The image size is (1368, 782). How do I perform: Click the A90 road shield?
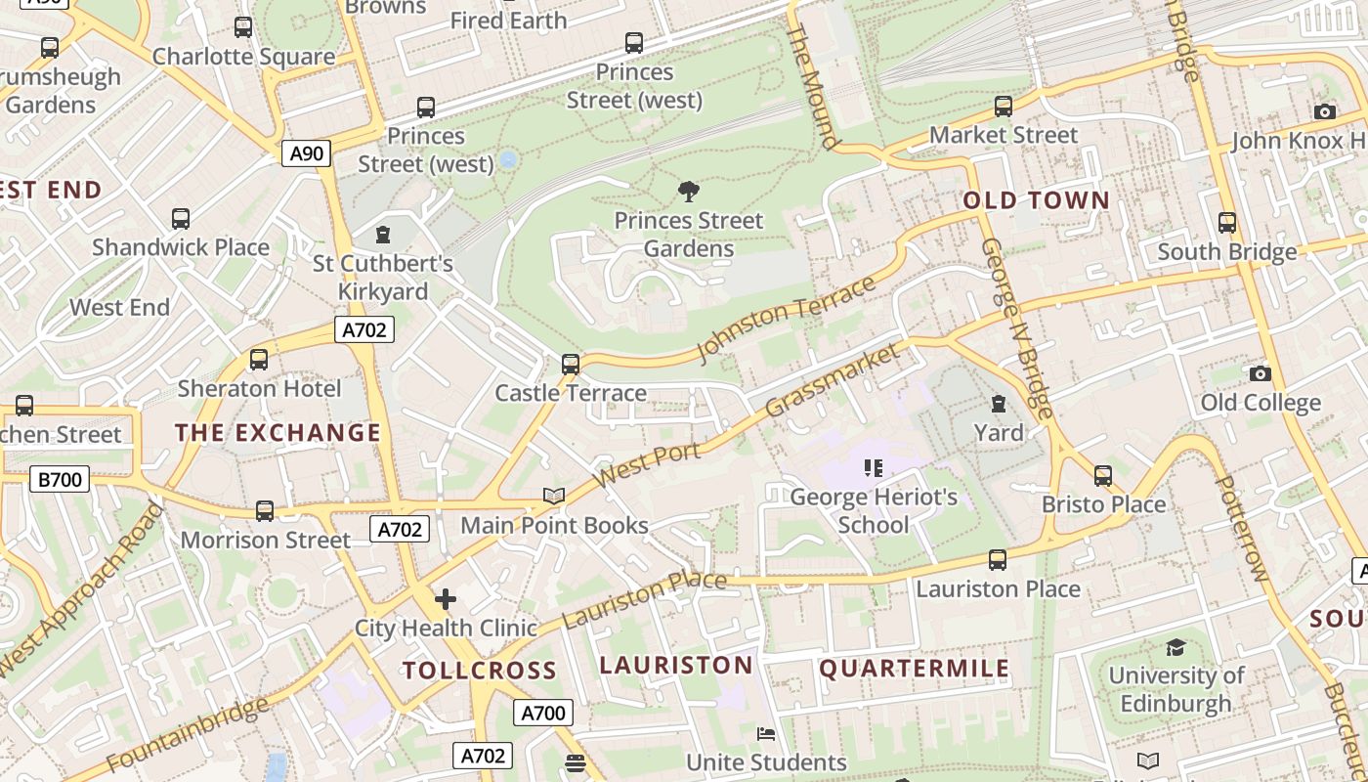307,152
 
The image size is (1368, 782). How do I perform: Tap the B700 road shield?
60,479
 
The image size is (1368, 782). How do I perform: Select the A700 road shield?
542,713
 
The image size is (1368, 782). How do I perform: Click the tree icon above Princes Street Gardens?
689,191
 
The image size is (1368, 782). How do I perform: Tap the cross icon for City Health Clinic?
446,598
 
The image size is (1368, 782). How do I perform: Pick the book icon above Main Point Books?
554,497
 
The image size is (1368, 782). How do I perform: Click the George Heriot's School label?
874,510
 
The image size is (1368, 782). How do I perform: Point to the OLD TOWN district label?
1037,200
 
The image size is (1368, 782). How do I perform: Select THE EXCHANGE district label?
278,432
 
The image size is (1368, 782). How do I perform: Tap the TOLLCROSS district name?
480,671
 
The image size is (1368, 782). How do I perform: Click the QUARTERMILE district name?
914,669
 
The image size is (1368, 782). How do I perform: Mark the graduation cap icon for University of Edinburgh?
1176,647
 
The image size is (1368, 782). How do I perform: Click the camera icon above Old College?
1261,373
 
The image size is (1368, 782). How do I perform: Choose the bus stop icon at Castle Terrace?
571,365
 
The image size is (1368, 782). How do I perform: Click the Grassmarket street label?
832,379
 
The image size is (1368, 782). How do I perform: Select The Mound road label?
813,88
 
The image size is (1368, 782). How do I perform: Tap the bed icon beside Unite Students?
767,734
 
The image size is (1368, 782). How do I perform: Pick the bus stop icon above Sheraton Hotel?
259,359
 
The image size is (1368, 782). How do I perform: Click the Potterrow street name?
1241,528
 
